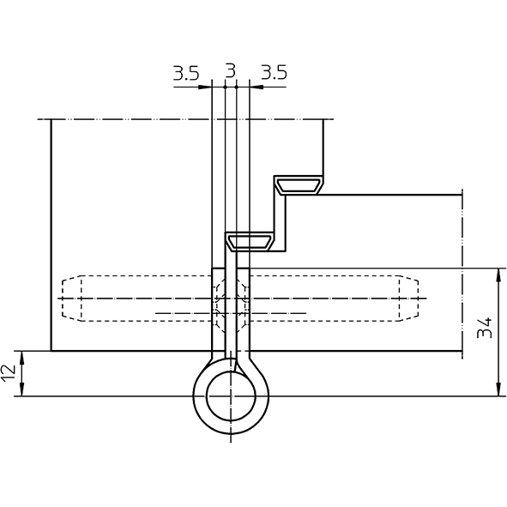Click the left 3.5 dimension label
pos(186,73)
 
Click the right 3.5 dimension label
pos(274,72)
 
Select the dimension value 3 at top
pos(230,71)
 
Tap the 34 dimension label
pos(485,328)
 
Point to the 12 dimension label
pos(9,373)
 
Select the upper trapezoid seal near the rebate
pos(299,185)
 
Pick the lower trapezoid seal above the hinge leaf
pos(250,242)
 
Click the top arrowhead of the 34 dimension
pos(499,275)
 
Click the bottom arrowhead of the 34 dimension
pos(499,389)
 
